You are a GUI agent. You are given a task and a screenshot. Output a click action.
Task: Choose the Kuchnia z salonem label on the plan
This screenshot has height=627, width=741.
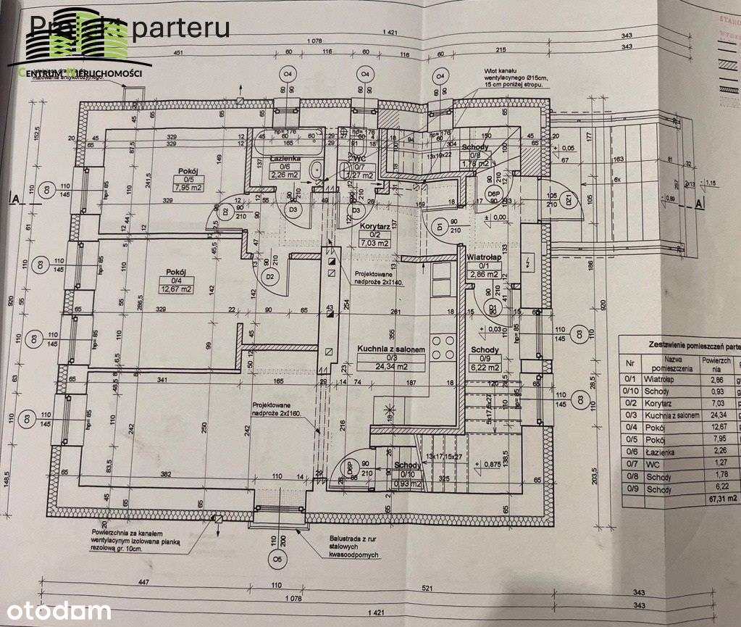(386, 349)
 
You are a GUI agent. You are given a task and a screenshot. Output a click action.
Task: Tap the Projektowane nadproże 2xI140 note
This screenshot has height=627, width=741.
(382, 279)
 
